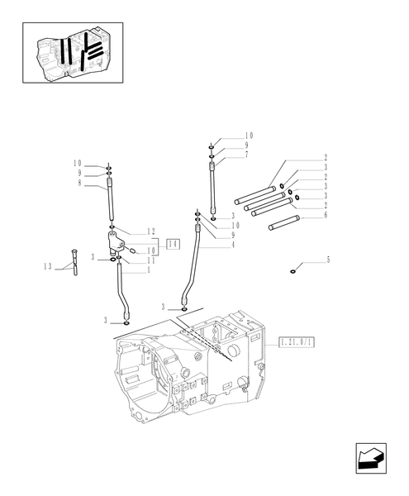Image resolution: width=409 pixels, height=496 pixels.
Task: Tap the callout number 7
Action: [246, 155]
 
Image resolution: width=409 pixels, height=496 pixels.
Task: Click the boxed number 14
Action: [173, 243]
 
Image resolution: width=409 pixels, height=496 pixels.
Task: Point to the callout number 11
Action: [151, 260]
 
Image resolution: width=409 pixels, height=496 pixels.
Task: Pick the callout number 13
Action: [48, 265]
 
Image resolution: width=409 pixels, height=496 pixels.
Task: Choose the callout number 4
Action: [235, 244]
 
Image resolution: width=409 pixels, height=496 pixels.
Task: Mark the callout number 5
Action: [328, 260]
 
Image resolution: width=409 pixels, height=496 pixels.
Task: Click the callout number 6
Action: [326, 216]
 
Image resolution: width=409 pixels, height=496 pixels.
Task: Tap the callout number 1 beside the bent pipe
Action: [148, 270]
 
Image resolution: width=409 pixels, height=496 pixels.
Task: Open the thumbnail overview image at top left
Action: [74, 52]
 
